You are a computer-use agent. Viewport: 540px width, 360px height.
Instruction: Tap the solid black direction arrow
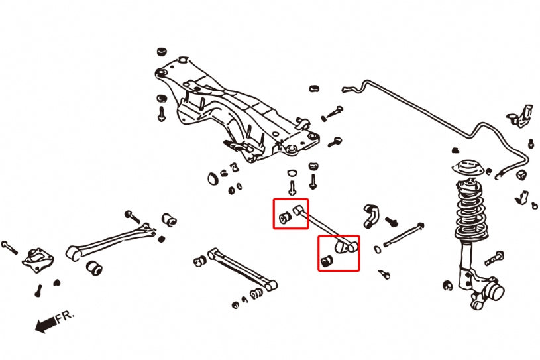point(45,325)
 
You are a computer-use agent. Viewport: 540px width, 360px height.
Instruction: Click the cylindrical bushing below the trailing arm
point(95,267)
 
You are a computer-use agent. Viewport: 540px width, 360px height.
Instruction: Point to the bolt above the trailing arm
point(131,216)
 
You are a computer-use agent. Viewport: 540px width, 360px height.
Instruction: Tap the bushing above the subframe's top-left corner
point(161,52)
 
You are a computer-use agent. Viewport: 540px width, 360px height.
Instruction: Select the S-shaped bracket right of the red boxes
point(372,216)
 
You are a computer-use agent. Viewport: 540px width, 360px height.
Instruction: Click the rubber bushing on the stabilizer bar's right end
point(521,174)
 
